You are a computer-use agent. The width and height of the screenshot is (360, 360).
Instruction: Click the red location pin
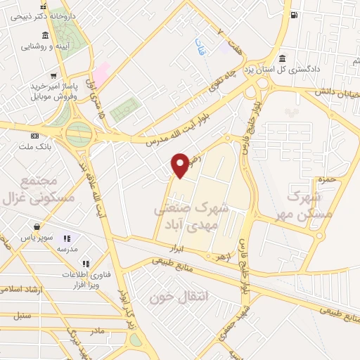click(x=181, y=165)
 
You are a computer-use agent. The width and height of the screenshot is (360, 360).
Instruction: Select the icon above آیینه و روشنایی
click(x=45, y=35)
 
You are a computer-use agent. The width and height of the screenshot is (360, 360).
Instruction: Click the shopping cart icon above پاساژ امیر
click(x=53, y=75)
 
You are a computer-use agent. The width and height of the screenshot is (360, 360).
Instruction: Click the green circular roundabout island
click(x=79, y=132)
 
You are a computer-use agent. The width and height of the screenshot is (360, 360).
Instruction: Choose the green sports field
click(x=125, y=110)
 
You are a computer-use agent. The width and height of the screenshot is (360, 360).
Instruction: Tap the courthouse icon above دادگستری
click(x=282, y=58)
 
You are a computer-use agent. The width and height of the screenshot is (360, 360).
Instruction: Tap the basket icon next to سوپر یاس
click(x=36, y=227)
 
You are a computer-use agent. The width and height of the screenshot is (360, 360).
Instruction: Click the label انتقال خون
click(x=171, y=296)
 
